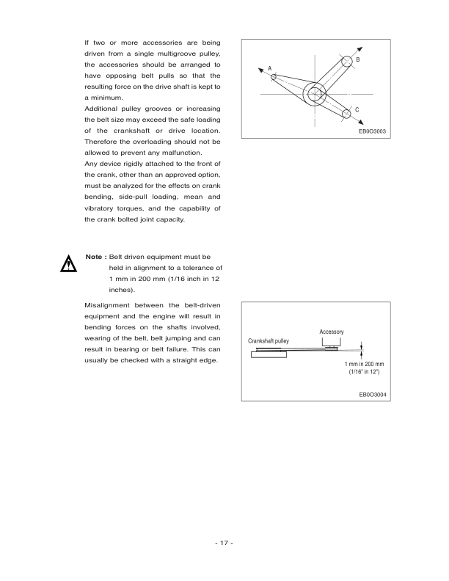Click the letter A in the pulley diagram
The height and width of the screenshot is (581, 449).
pos(269,67)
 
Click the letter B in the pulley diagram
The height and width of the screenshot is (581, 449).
pos(357,59)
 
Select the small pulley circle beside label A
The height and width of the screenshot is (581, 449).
pos(274,76)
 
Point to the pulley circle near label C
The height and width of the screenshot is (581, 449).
pos(345,113)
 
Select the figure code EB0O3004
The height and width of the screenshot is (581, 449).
pos(373,394)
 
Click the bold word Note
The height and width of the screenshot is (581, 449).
pos(93,257)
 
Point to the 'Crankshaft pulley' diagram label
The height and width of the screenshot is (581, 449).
pos(269,342)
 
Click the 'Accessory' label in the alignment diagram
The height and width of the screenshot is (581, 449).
pos(332,332)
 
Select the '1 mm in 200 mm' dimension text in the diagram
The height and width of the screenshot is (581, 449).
pos(365,364)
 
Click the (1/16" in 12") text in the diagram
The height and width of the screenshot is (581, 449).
pos(365,373)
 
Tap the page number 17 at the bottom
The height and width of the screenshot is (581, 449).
pos(224,544)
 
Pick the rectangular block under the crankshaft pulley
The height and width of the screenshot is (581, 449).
pos(269,355)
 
